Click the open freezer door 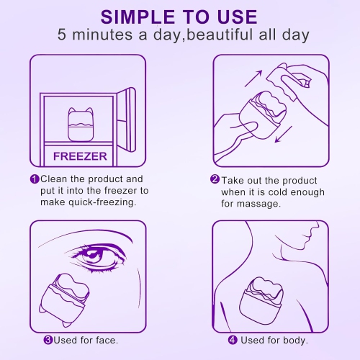(129, 119)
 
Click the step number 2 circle (215, 180)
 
